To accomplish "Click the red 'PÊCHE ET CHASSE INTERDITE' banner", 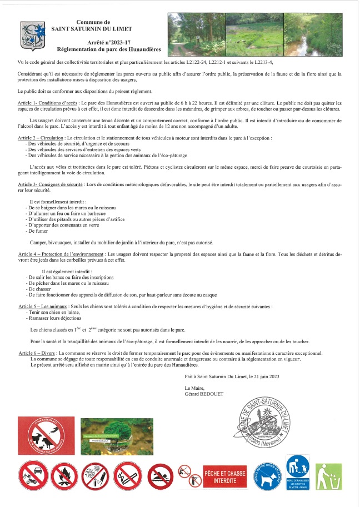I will point(224,477).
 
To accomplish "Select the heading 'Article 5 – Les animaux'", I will point(43,307).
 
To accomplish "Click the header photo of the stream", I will point(312,34).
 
